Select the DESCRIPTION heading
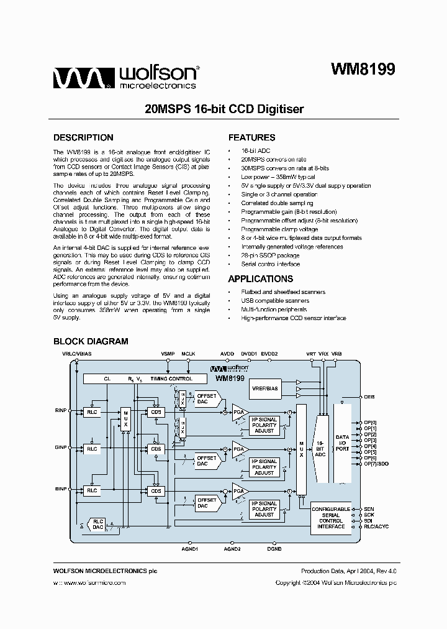click(x=83, y=138)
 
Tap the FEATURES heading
click(x=251, y=138)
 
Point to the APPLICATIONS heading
click(x=260, y=279)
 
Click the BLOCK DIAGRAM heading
click(x=91, y=341)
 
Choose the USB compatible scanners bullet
click(x=275, y=300)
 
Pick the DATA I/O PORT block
click(x=342, y=442)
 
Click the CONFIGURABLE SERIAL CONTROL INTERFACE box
click(x=331, y=518)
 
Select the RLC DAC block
click(x=97, y=523)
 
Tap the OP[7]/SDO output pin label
click(x=376, y=464)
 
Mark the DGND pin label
click(x=274, y=549)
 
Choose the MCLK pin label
click(x=188, y=354)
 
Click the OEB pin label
click(x=369, y=396)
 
